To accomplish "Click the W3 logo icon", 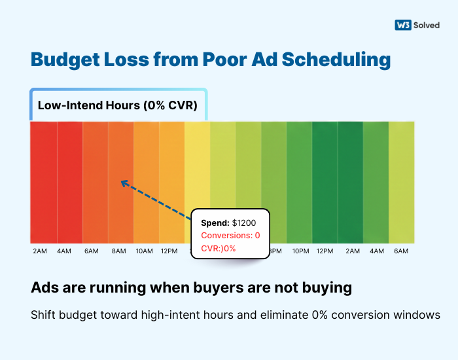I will click(402, 25).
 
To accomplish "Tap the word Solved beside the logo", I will click(427, 25).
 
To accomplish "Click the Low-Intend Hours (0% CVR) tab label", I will click(117, 105).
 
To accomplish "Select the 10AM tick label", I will click(144, 251).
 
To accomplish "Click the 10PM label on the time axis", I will click(300, 251).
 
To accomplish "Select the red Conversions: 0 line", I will click(230, 235).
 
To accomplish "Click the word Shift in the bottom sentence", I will click(43, 315).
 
